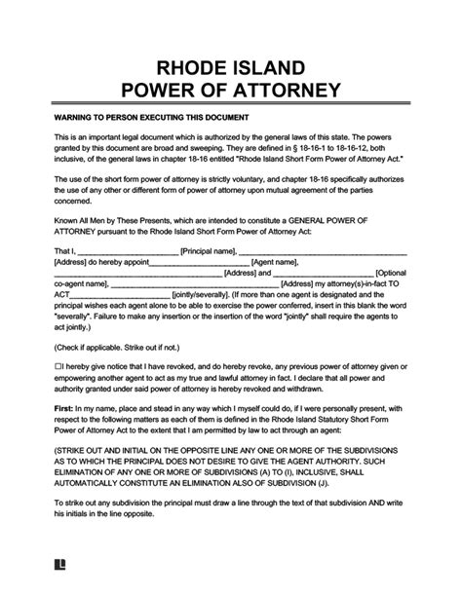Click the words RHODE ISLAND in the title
[x=230, y=66]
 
